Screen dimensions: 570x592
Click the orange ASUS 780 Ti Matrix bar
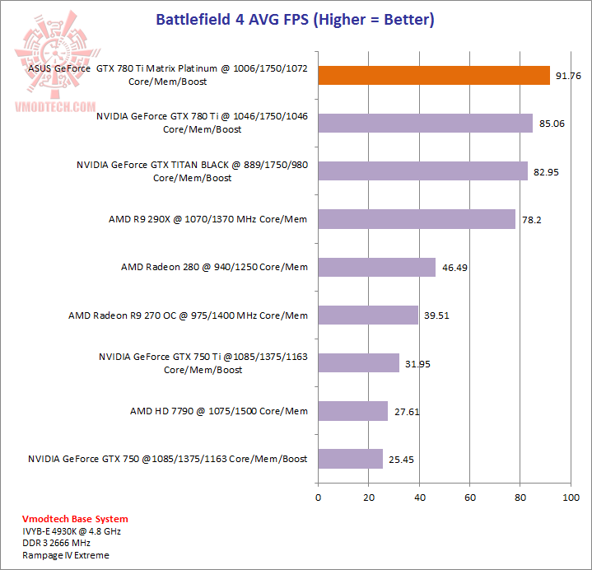pyautogui.click(x=434, y=76)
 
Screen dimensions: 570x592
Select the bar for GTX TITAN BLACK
pyautogui.click(x=422, y=171)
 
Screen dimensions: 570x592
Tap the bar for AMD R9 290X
pyautogui.click(x=417, y=219)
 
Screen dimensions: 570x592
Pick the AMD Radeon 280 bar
pyautogui.click(x=376, y=267)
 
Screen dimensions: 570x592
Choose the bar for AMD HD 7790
pyautogui.click(x=352, y=411)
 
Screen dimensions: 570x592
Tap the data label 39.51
pyautogui.click(x=436, y=315)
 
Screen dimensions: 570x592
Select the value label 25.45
pyautogui.click(x=402, y=460)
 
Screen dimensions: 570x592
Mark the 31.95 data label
pyautogui.click(x=418, y=363)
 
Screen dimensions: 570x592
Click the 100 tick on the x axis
pyautogui.click(x=571, y=498)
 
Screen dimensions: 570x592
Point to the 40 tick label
pyautogui.click(x=419, y=498)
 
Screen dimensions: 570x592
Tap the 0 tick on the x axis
pyautogui.click(x=318, y=498)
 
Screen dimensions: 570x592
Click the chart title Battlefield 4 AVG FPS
pyautogui.click(x=296, y=19)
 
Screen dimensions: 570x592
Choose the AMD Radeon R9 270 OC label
pyautogui.click(x=188, y=315)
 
